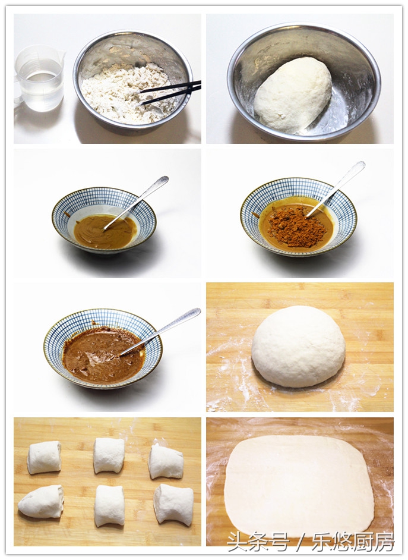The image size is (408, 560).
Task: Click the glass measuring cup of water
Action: [x=39, y=78]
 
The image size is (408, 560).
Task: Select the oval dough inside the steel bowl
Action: [x=293, y=95]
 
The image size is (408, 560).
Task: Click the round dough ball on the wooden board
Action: [x=298, y=346]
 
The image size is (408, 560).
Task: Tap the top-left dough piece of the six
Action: [x=45, y=457]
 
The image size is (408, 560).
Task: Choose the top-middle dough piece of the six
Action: [x=109, y=455]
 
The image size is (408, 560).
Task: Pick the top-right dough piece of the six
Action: [x=166, y=461]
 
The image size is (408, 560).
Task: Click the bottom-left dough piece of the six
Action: [x=41, y=501]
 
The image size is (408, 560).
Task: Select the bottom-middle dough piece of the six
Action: [x=109, y=505]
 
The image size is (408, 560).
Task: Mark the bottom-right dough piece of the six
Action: [x=174, y=504]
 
